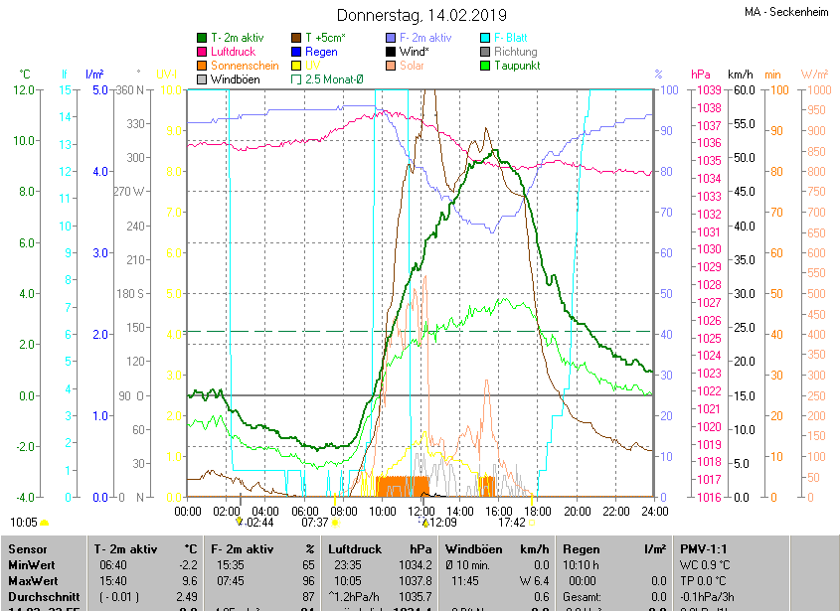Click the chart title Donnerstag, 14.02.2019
(x=421, y=15)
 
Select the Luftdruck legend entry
(x=232, y=51)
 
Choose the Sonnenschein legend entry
(x=239, y=65)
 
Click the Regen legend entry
(x=320, y=51)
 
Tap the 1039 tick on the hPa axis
(x=708, y=90)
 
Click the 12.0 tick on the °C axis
(x=24, y=90)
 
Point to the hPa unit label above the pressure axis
(x=701, y=75)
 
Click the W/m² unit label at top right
(x=814, y=75)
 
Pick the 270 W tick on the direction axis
(x=129, y=191)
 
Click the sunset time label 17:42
(x=511, y=522)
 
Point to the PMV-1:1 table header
(x=705, y=548)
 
